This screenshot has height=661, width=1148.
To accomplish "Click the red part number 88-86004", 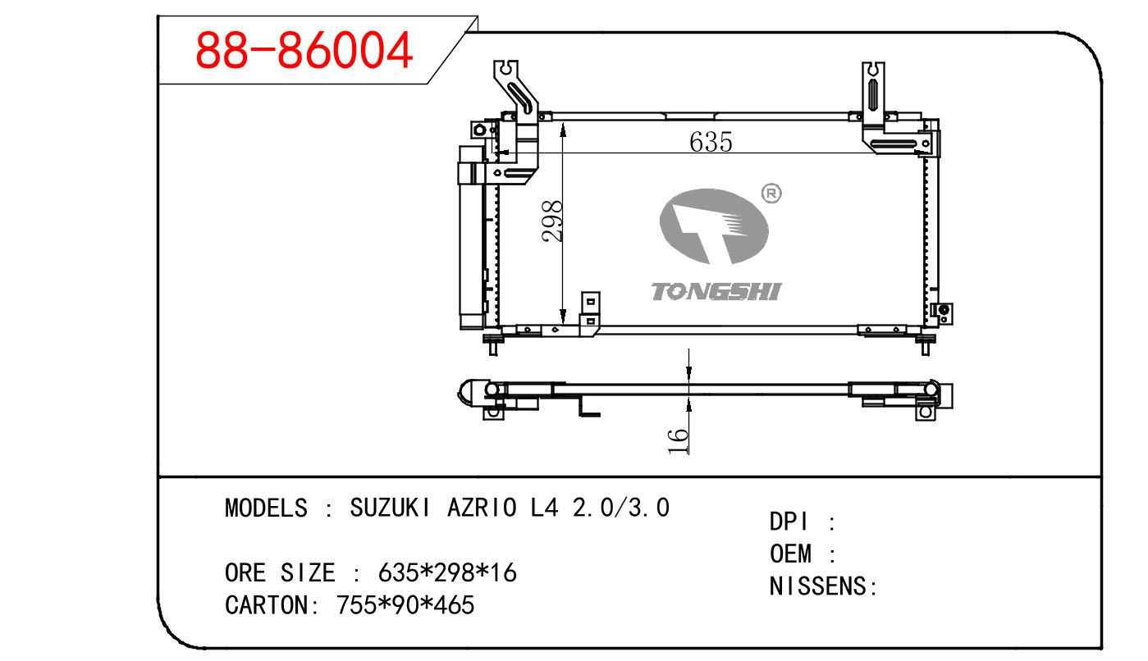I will tap(304, 50).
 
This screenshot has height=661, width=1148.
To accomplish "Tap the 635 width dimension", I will tap(711, 142).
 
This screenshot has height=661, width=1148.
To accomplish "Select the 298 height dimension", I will tap(554, 221).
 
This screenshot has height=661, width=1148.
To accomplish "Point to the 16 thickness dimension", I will tap(678, 440).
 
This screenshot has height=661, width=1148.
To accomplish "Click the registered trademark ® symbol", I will tap(771, 194).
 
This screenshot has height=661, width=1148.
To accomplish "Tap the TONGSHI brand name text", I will tap(716, 291).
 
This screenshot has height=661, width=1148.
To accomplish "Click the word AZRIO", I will tap(482, 508).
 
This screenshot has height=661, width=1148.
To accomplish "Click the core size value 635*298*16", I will tap(447, 572).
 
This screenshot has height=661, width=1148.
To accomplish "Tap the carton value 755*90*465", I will tap(405, 605).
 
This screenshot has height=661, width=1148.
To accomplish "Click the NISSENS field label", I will tap(819, 586).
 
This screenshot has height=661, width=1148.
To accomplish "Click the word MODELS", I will tap(268, 508).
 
